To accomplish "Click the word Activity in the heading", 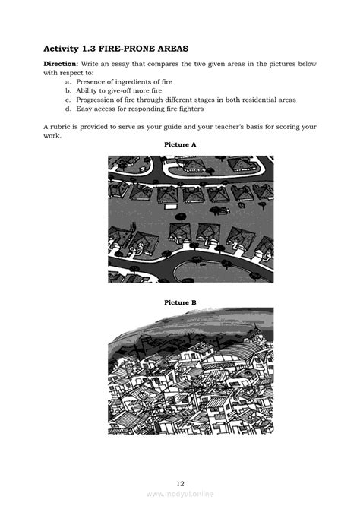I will [x=64, y=48].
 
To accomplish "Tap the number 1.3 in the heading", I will [x=98, y=48].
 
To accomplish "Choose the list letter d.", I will [x=68, y=109].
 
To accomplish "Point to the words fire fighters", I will [x=180, y=109].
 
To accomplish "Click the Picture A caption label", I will [x=180, y=144].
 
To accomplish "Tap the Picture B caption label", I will [x=180, y=302].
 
